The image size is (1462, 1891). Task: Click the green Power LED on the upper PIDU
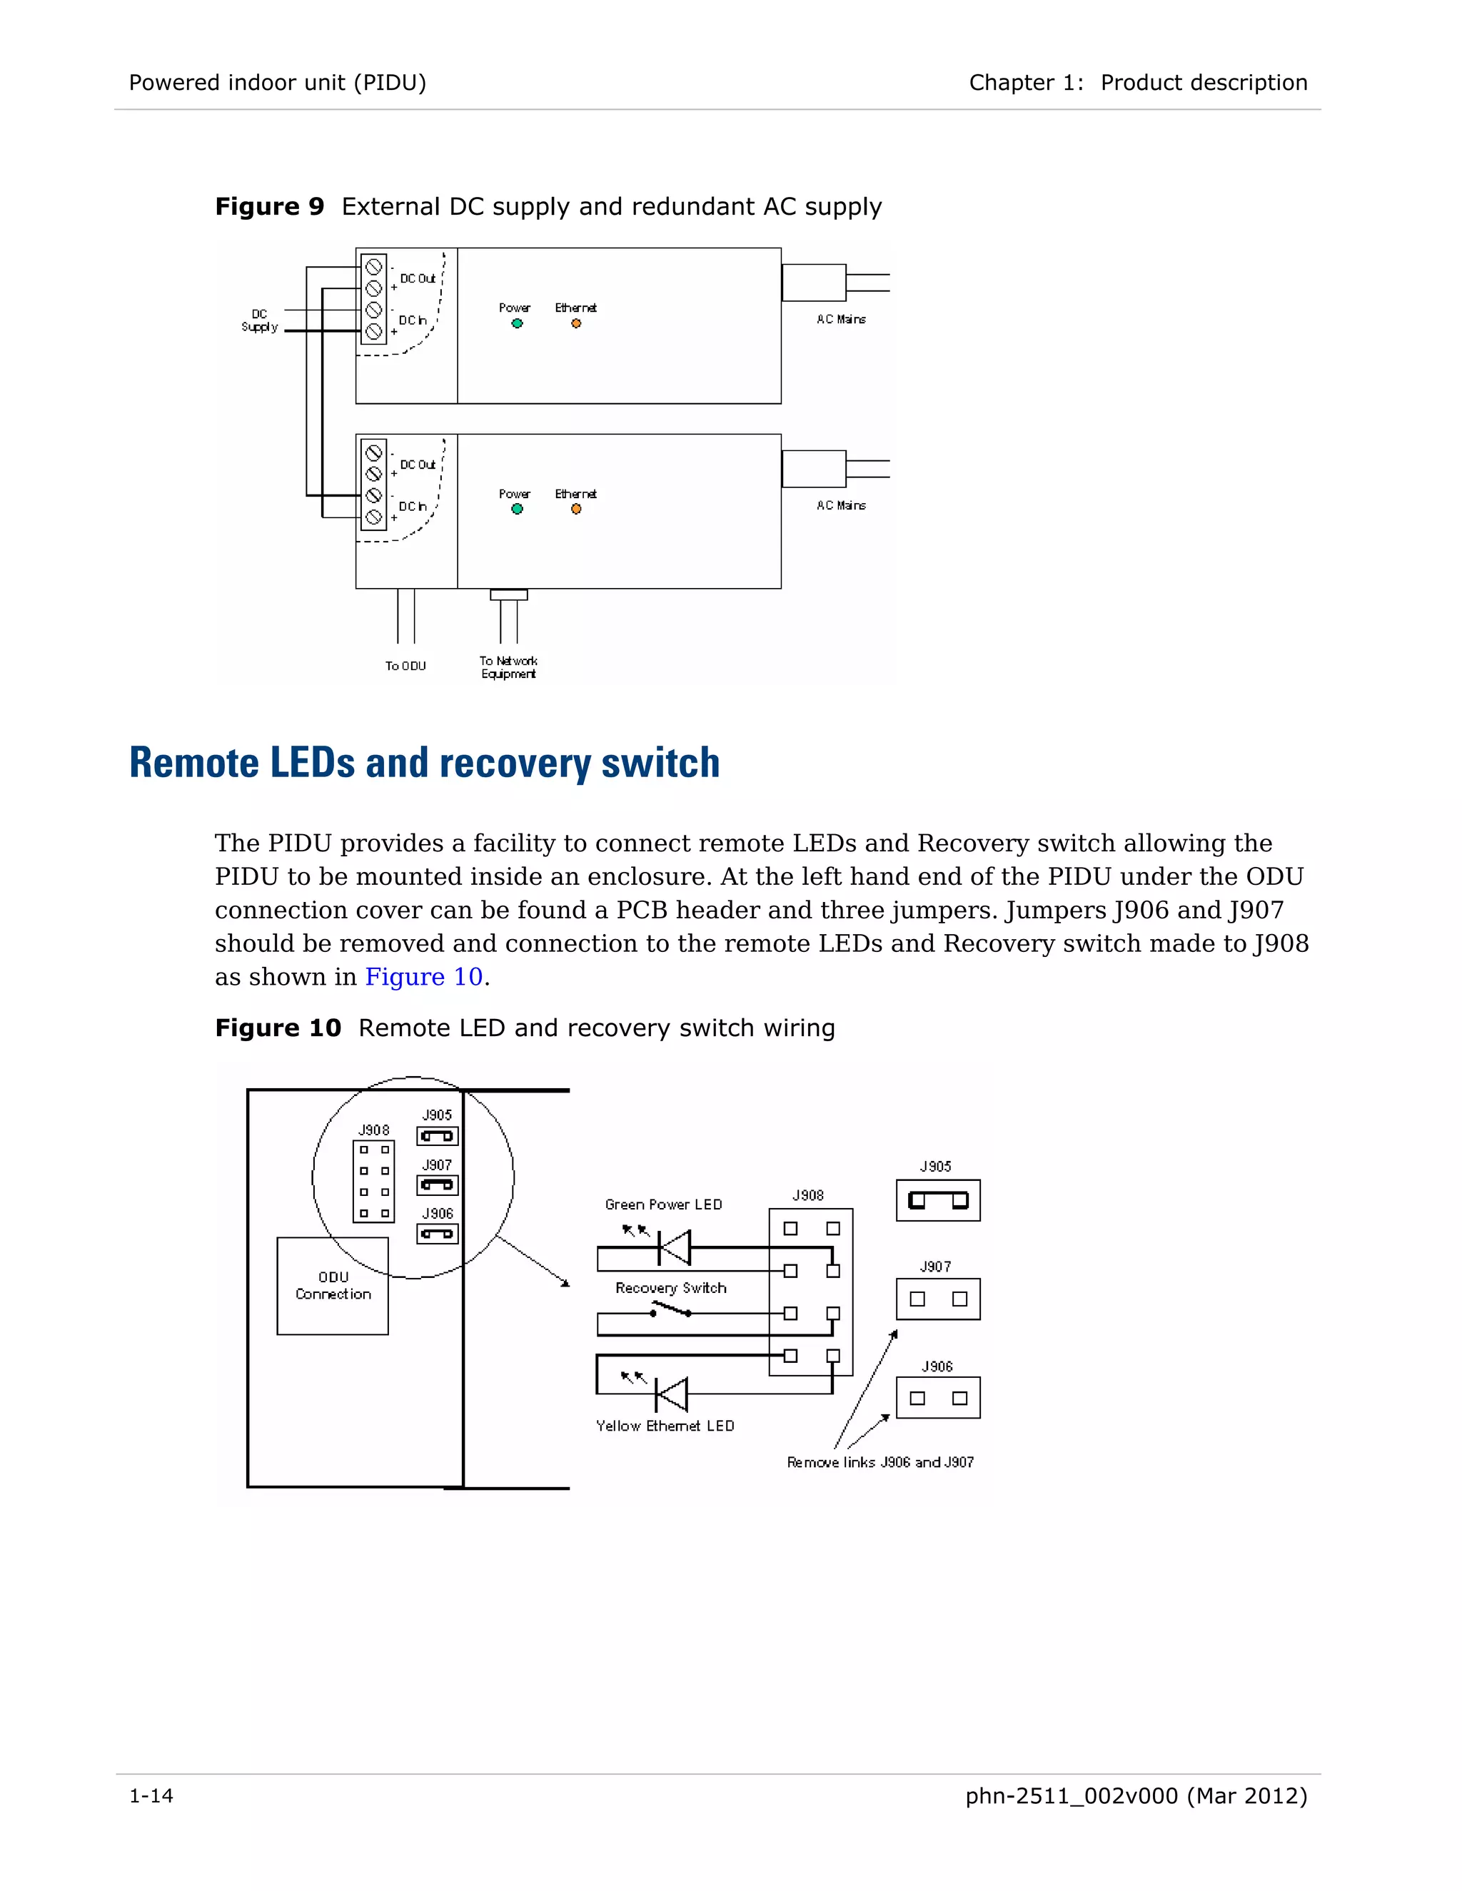click(517, 324)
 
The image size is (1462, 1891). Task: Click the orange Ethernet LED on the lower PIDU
click(576, 509)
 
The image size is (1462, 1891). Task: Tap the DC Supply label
click(259, 320)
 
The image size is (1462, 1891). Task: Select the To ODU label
click(405, 666)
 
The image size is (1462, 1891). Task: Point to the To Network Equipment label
click(508, 666)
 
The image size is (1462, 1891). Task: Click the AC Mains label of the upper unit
click(841, 320)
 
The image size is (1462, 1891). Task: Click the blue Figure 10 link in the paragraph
click(423, 977)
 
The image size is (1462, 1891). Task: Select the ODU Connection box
click(333, 1286)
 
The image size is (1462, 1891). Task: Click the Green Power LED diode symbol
click(674, 1247)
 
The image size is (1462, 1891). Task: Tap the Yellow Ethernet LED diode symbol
click(671, 1395)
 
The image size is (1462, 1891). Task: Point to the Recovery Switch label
click(670, 1287)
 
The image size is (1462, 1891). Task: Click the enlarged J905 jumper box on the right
click(938, 1200)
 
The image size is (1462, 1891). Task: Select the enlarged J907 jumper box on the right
click(938, 1299)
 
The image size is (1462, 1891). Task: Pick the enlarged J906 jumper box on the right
click(938, 1397)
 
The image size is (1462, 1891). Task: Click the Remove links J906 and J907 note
click(880, 1462)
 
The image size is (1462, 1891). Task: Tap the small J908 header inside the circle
click(374, 1181)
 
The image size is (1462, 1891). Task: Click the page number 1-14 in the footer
click(151, 1796)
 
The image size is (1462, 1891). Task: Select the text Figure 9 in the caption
click(269, 207)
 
